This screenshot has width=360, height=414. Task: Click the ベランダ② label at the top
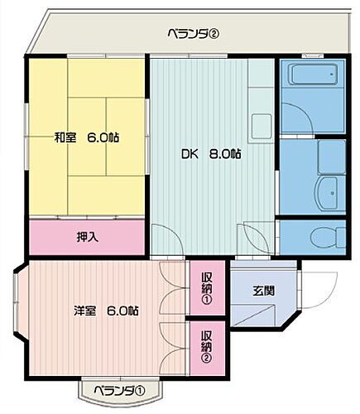coord(192,34)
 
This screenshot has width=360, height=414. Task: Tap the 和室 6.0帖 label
coord(87,137)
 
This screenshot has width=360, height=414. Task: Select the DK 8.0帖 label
coord(212,153)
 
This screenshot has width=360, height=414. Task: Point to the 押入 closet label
coord(89,237)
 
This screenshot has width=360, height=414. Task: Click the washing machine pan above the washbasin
coord(331,156)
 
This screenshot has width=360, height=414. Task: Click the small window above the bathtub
coord(314,56)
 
